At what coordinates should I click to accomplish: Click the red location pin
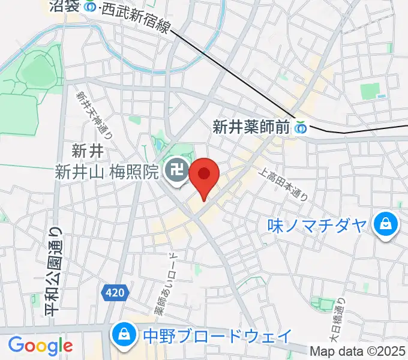[x=204, y=175]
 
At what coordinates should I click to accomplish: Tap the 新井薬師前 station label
[x=251, y=127]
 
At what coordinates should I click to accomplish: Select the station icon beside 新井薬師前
[x=301, y=127]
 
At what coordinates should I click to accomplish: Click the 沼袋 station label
[x=65, y=7]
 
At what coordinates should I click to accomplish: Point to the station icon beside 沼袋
[x=90, y=7]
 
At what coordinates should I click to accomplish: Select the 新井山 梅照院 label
[x=107, y=173]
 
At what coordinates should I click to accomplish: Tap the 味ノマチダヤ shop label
[x=316, y=226]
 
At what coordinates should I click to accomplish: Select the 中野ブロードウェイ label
[x=217, y=335]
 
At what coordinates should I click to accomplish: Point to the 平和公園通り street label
[x=53, y=271]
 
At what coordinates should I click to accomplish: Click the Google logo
[x=41, y=346]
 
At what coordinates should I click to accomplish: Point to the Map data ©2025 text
[x=358, y=351]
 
